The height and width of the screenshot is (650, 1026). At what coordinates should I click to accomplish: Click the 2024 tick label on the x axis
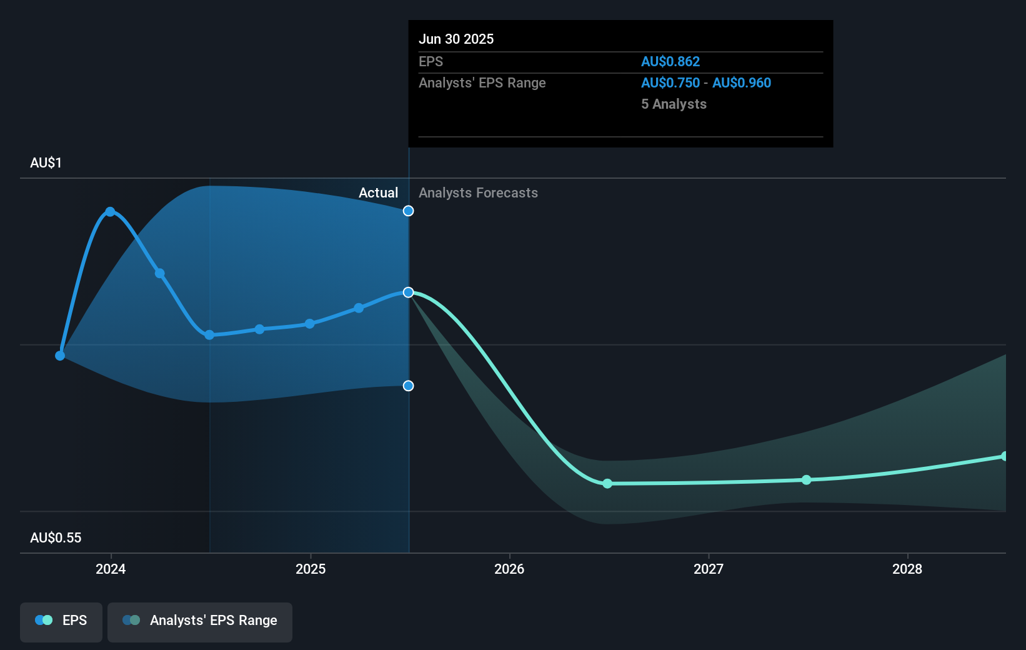[111, 569]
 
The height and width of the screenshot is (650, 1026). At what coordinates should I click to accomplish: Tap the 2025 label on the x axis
[311, 569]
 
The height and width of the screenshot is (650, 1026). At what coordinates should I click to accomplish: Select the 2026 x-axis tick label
[509, 569]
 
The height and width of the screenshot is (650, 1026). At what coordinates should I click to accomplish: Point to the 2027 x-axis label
[709, 569]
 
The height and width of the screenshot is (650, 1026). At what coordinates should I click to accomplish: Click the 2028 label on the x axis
[907, 569]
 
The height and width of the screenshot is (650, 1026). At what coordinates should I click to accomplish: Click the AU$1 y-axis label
[46, 162]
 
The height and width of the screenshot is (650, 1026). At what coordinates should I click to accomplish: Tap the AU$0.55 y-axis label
[56, 537]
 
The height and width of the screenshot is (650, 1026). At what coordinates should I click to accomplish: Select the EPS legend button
[61, 621]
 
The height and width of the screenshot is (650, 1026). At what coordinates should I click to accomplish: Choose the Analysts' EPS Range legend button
[200, 621]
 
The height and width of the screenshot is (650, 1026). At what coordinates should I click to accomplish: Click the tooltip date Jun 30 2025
[456, 39]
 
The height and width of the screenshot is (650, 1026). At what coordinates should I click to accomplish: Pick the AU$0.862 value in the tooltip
[670, 61]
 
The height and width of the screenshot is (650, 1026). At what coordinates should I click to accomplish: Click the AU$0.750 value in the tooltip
[670, 82]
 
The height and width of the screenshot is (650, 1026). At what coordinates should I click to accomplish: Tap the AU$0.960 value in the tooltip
[742, 82]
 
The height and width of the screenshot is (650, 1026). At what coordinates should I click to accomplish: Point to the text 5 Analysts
[674, 104]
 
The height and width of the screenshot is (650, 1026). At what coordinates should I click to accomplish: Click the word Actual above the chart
[378, 192]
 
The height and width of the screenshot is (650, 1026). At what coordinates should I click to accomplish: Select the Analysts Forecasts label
[478, 192]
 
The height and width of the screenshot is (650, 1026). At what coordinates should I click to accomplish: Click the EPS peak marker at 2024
[110, 212]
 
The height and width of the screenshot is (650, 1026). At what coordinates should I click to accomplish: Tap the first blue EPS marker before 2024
[60, 356]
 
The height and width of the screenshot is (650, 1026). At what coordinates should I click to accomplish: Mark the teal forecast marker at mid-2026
[607, 484]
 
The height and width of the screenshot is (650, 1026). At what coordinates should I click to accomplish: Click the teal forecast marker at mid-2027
[807, 480]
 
